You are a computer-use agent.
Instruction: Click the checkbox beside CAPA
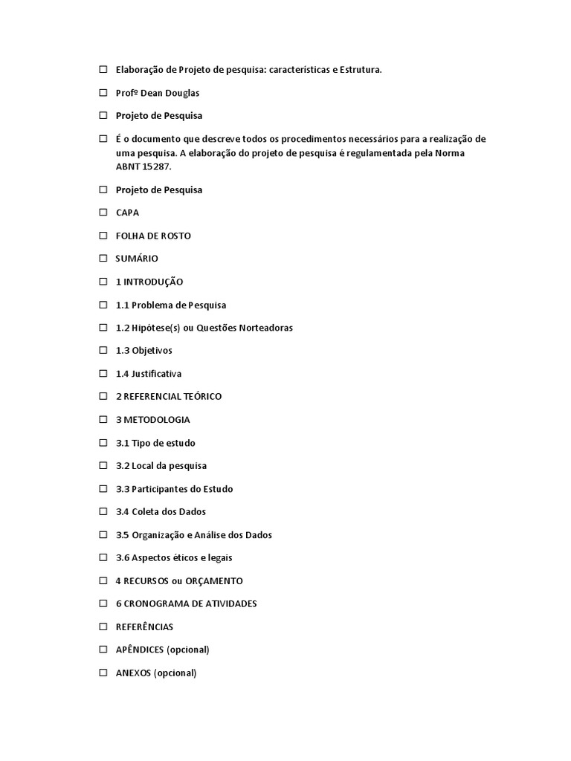[103, 213]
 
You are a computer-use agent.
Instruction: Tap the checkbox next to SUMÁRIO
[103, 259]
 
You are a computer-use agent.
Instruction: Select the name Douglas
[181, 93]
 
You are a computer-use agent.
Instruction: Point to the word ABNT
[128, 166]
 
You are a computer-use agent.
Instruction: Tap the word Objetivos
[152, 351]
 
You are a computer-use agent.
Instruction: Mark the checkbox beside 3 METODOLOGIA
[103, 420]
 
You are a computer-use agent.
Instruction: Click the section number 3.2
[123, 466]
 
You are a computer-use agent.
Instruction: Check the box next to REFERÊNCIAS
[103, 627]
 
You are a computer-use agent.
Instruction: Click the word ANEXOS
[133, 673]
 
